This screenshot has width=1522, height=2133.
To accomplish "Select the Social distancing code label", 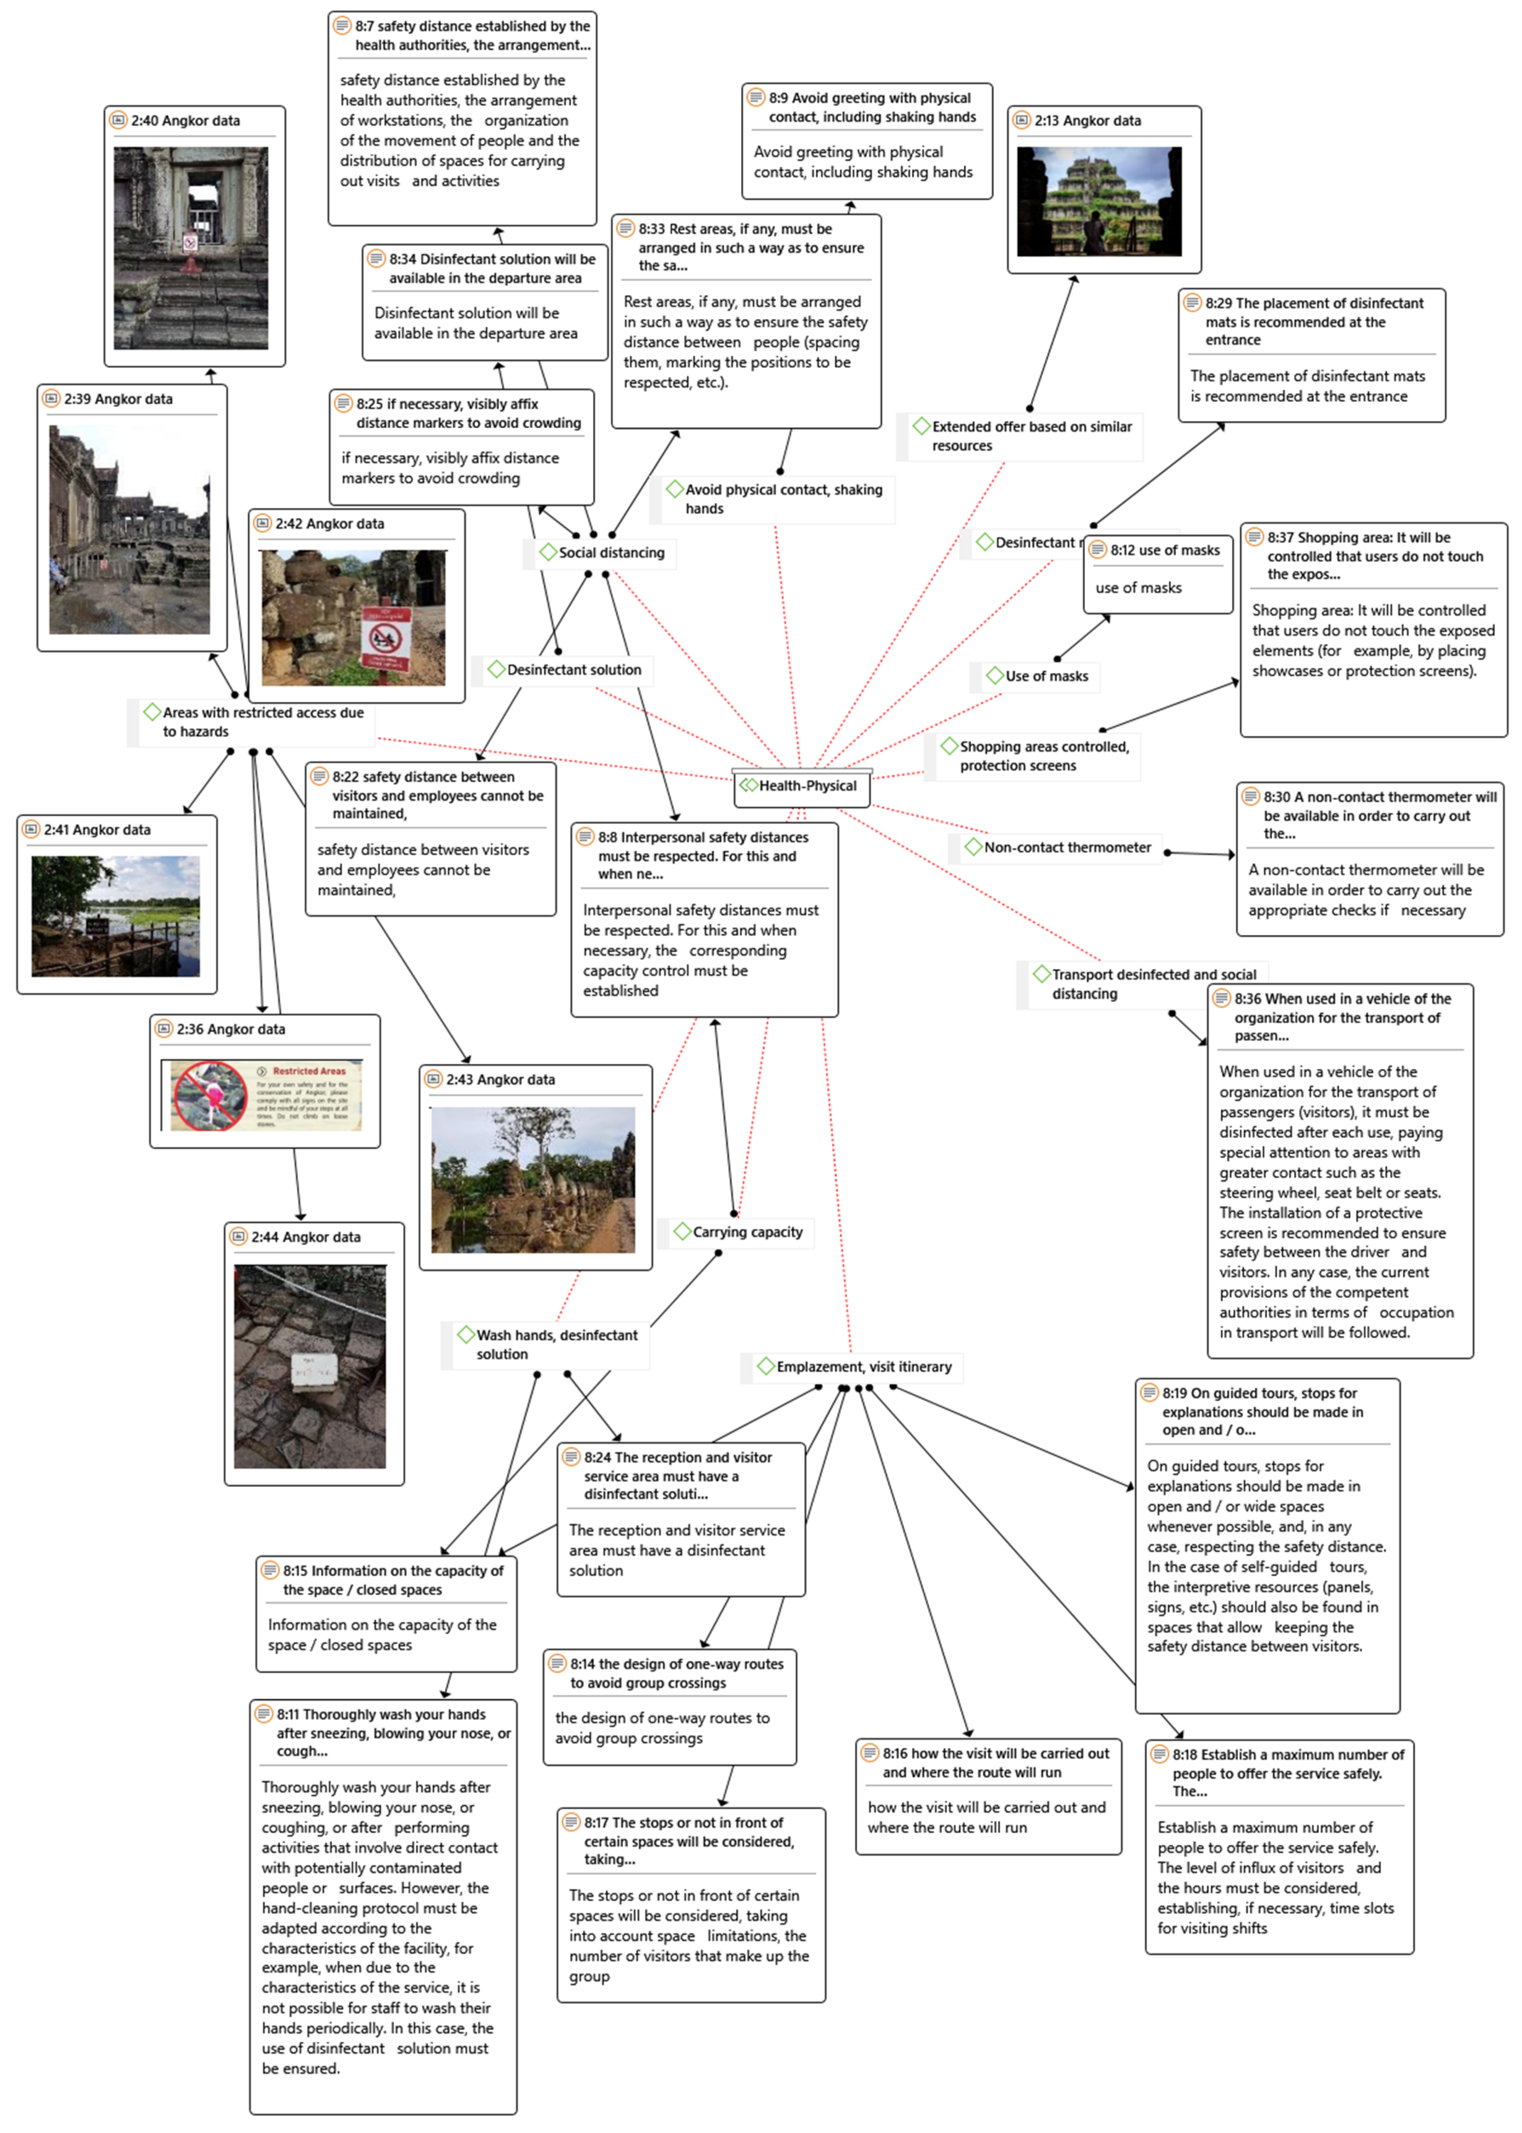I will [x=611, y=553].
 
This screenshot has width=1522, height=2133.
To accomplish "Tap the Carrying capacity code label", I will [x=747, y=1231].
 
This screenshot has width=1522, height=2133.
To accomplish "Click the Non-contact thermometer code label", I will [x=1067, y=847].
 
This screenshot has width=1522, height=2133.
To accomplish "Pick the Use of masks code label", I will [x=1046, y=676].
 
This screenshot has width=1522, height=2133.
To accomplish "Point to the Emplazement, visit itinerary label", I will [x=863, y=1367].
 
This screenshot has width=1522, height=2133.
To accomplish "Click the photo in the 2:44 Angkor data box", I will [x=309, y=1367].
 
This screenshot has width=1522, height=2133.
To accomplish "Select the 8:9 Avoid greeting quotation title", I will [x=872, y=107].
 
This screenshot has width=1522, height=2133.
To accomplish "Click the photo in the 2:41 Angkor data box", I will [x=115, y=917].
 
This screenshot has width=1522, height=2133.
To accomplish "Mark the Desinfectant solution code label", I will [x=574, y=669].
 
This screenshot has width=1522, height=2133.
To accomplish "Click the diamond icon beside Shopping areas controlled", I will [x=949, y=746].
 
